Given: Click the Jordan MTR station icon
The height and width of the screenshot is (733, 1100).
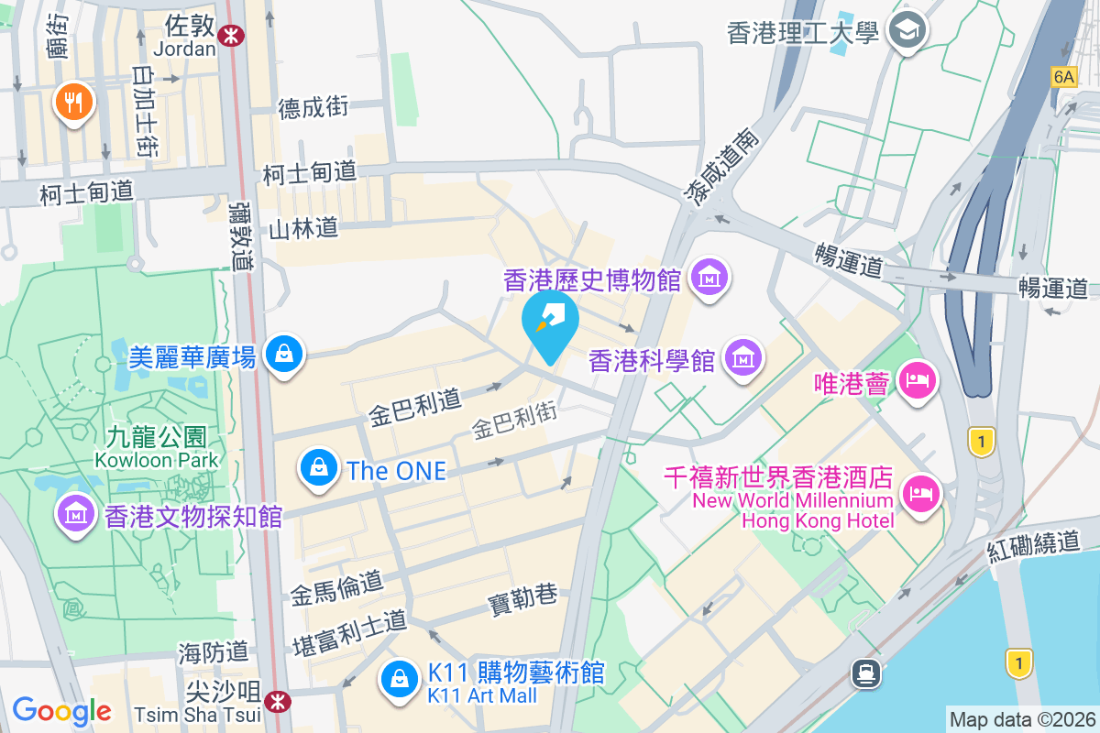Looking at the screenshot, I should pos(233,35).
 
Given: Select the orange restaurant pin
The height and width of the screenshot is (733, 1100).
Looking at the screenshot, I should pos(74,101).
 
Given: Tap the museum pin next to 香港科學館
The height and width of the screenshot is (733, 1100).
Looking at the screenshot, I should pos(742,357).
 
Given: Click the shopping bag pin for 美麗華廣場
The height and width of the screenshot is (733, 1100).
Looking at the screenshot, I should pos(284,353).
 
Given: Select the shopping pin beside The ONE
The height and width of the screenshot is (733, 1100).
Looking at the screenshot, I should pos(318,467).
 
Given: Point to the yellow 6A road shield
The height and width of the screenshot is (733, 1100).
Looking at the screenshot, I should pos(1063,77).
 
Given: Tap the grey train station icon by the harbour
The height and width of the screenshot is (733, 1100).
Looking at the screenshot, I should pos(865,673).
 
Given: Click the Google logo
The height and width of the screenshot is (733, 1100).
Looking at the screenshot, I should pos(61,711).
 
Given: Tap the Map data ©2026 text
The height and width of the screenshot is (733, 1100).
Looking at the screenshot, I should pos(1022,719).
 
